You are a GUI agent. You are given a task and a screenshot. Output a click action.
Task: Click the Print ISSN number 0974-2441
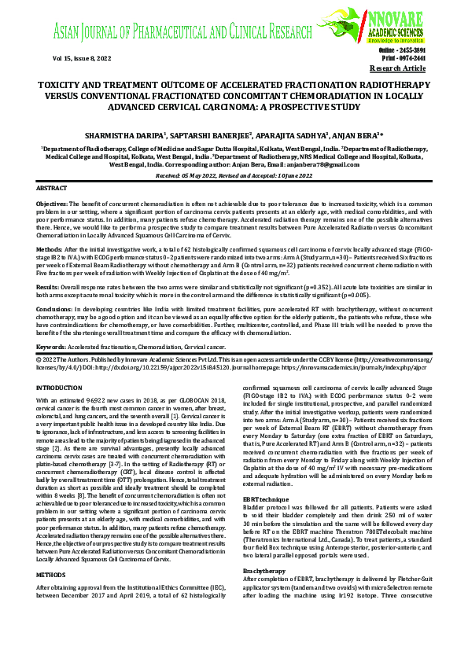[409, 57]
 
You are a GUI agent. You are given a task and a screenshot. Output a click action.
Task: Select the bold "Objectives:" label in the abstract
[52, 203]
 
